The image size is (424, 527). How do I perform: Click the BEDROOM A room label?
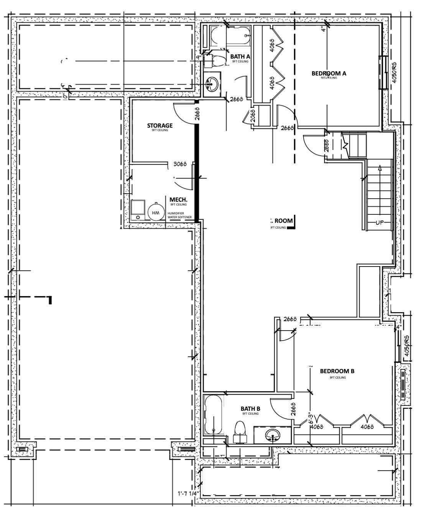coord(329,73)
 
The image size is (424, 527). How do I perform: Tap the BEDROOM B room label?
coord(337,371)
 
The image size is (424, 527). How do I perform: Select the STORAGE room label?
coord(159,125)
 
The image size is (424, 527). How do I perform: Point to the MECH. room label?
coord(178,200)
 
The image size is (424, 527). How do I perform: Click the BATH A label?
coord(240,57)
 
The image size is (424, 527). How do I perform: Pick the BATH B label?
coord(250,409)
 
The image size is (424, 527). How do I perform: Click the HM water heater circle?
coord(156,212)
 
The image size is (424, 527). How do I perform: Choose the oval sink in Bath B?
coord(273,435)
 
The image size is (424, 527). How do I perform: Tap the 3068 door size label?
coord(180,164)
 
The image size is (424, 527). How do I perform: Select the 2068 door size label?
coord(253,116)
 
